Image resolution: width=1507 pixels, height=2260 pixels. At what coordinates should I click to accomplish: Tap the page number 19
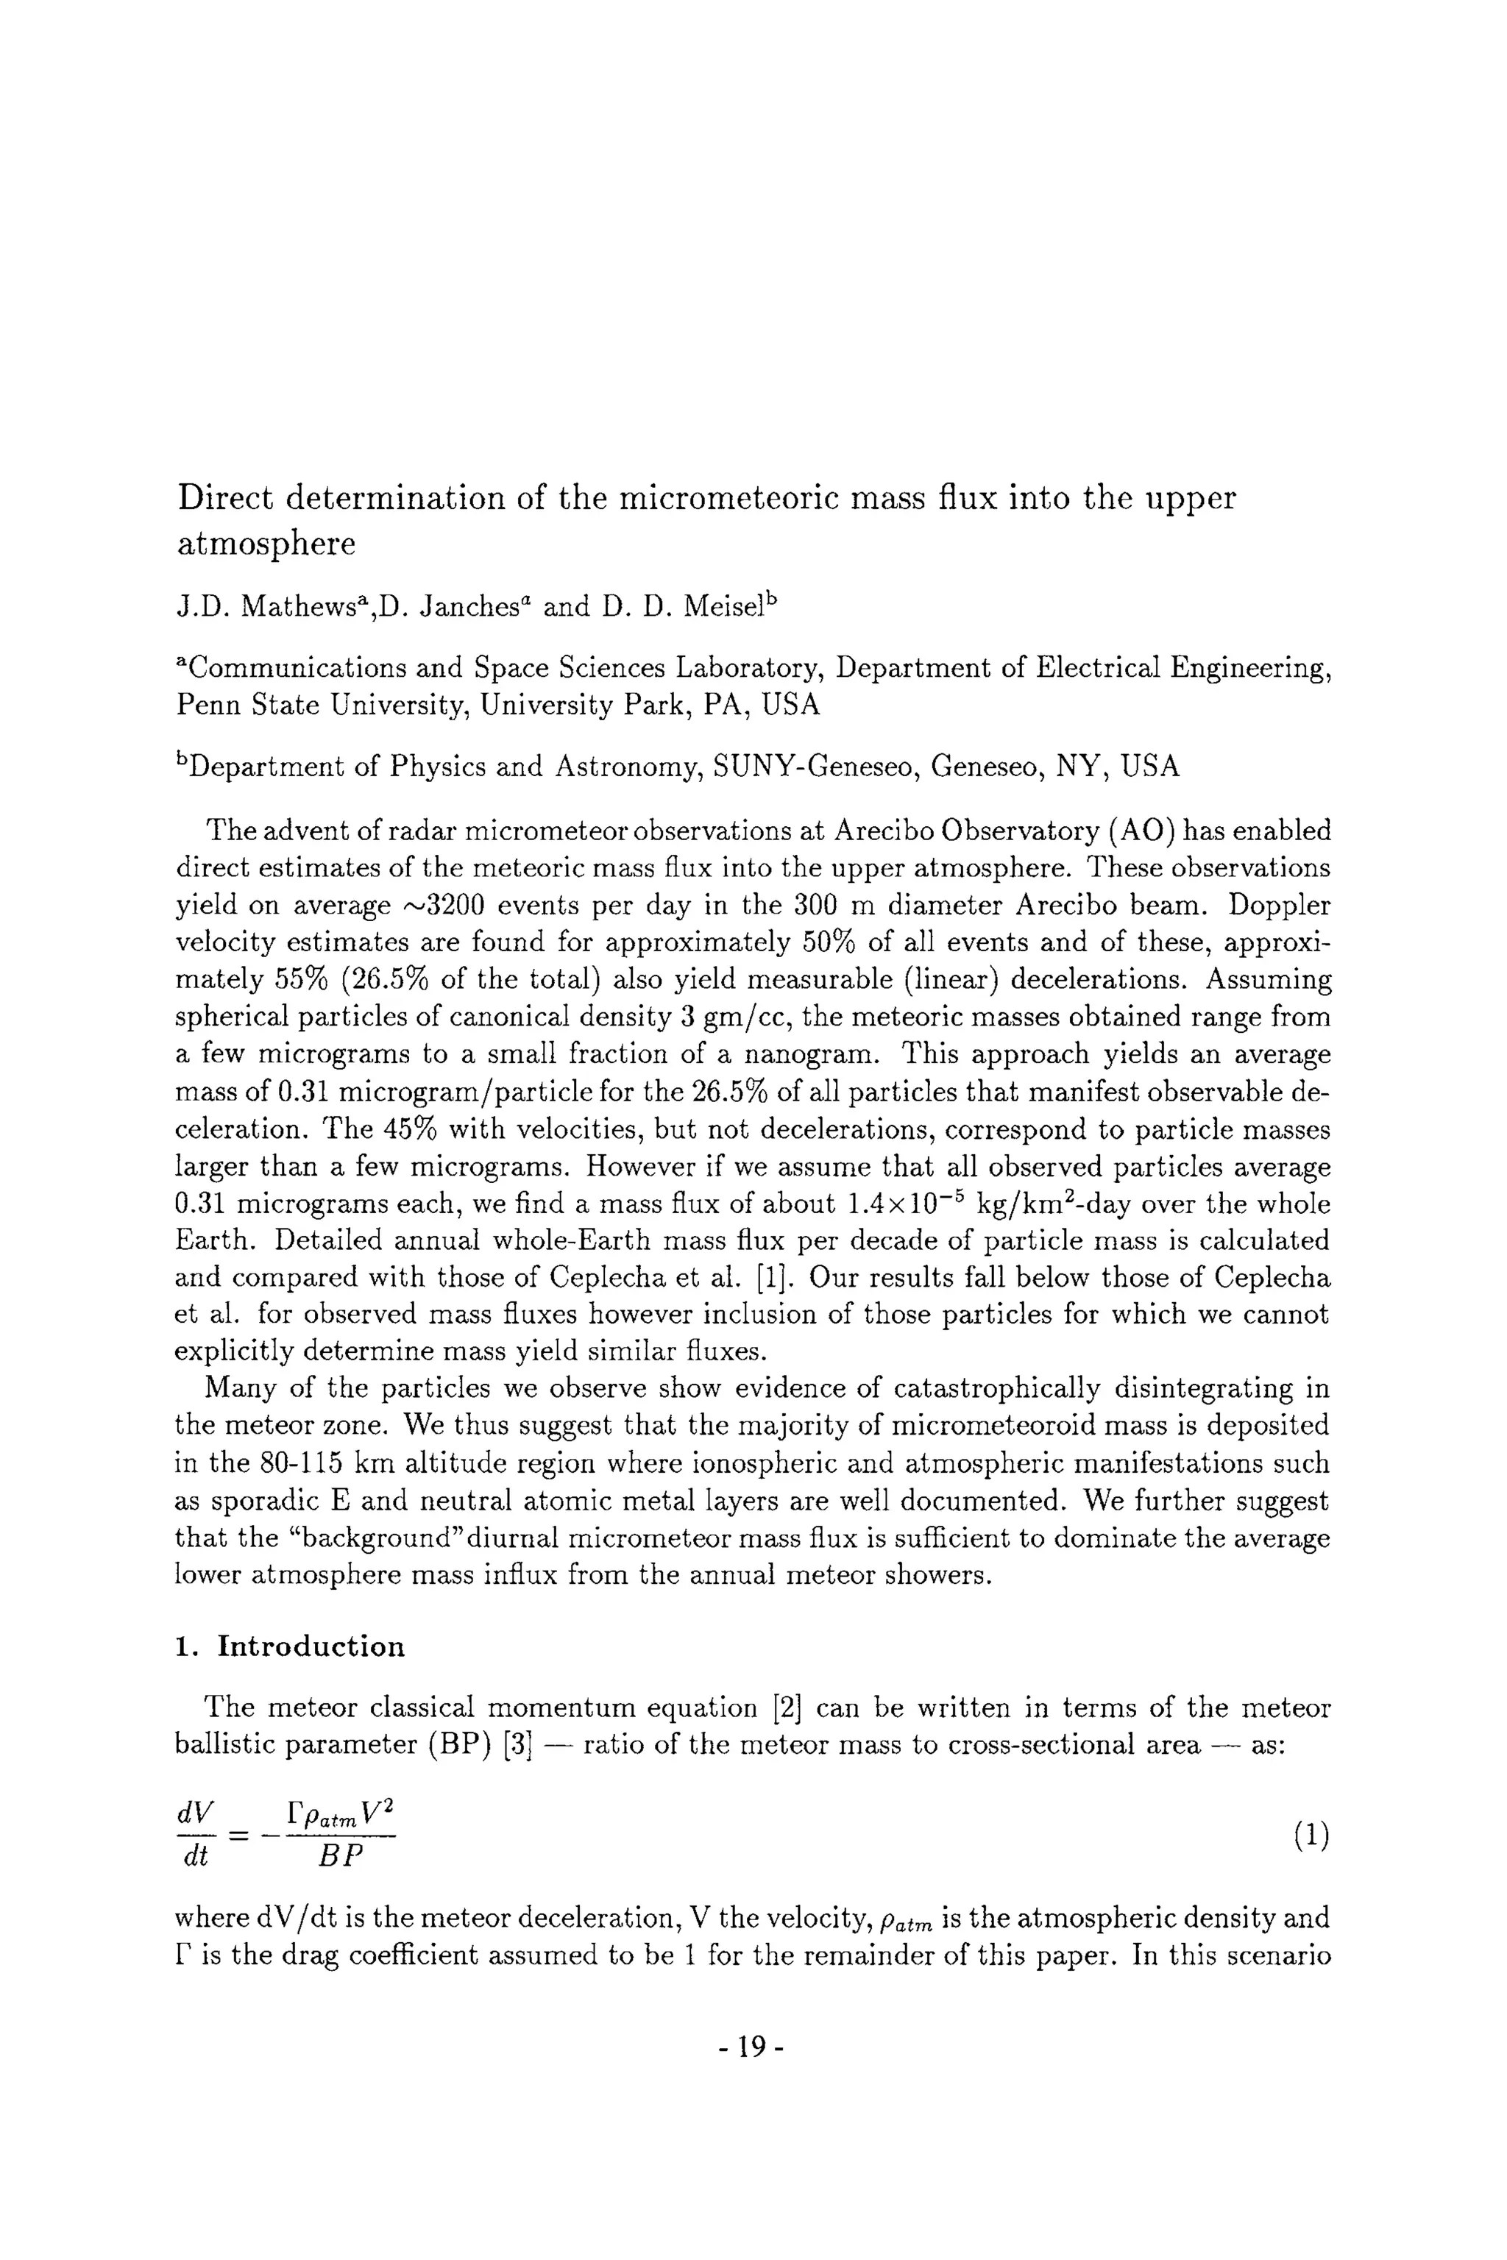point(753,2047)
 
